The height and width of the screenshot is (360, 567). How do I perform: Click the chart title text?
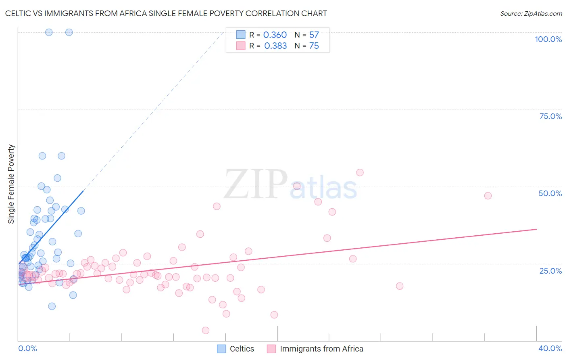(166, 13)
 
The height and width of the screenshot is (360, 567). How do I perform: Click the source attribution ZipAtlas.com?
(531, 13)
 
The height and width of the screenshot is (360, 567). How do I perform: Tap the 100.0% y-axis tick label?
(548, 39)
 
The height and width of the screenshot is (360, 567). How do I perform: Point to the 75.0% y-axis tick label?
(550, 116)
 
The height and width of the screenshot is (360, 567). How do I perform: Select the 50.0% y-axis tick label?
(550, 193)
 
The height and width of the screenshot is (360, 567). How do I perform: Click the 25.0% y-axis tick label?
(550, 271)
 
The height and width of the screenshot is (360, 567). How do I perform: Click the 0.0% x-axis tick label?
(27, 348)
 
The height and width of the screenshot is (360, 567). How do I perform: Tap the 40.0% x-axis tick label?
(550, 348)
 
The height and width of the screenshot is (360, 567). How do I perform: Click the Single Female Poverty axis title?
(11, 184)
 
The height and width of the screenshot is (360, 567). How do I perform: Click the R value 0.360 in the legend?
(275, 35)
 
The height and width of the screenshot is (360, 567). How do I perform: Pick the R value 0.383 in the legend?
(275, 46)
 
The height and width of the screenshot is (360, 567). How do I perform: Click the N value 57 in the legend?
(314, 35)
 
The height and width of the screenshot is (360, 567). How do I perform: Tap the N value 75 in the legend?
(314, 46)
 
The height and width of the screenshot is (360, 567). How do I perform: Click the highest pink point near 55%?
(360, 172)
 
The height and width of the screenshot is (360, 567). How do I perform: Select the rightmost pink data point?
(488, 196)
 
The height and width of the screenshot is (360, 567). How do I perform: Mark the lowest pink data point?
(205, 331)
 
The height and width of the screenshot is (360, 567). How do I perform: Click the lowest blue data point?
(52, 306)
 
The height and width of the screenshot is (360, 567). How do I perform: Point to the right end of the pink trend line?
(537, 229)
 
